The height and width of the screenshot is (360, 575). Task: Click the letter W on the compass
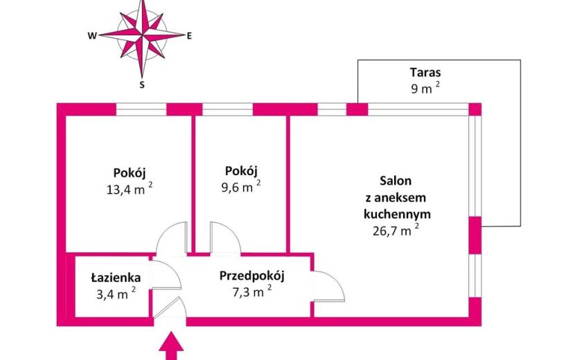tap(92, 36)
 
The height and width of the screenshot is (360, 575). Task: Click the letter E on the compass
tap(189, 36)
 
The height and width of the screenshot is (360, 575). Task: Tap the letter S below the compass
tap(142, 85)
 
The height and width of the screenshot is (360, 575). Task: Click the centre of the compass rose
tap(142, 35)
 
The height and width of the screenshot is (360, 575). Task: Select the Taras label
tap(425, 72)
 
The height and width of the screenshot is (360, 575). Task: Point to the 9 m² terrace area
tap(425, 88)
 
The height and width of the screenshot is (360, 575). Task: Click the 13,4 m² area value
tap(130, 189)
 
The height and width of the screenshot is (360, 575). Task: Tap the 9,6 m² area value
tap(241, 187)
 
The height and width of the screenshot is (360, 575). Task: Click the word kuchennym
tap(397, 214)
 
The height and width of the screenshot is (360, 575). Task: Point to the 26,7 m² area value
tap(396, 231)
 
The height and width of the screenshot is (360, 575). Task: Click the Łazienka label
tap(116, 278)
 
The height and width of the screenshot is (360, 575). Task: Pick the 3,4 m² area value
tap(116, 294)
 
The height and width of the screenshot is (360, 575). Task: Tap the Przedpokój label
tap(252, 276)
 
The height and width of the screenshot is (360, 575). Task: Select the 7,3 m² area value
tap(252, 292)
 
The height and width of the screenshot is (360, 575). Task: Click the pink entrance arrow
tap(171, 346)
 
